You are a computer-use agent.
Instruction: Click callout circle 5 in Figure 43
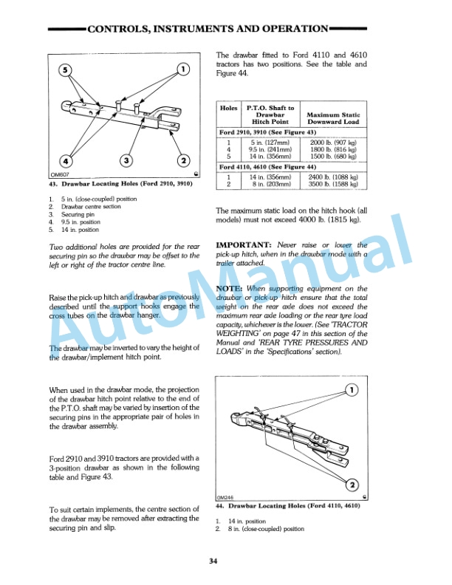point(64,72)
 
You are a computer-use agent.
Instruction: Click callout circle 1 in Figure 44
point(353,390)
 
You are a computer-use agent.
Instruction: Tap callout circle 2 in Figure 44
point(353,485)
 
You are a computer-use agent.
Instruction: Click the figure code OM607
point(60,174)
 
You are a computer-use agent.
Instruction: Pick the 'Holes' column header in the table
point(229,109)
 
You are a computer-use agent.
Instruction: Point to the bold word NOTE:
point(230,288)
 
